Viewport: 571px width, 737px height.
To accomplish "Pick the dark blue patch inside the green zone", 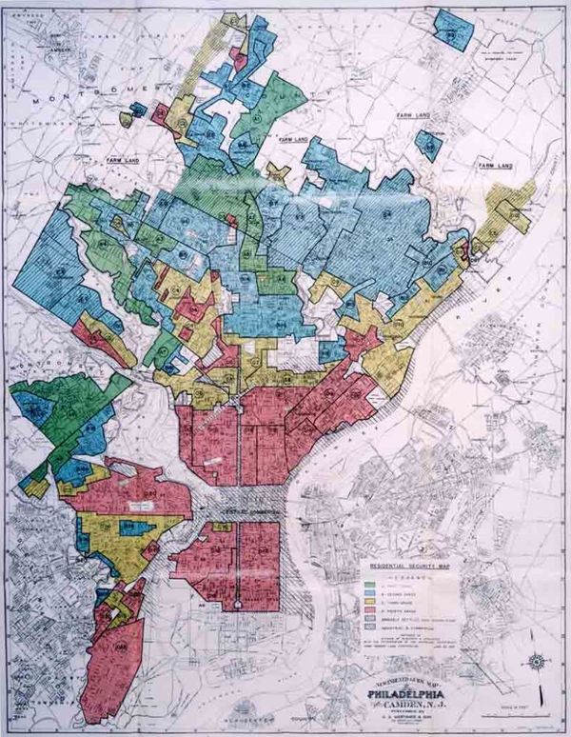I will click(38, 413).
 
